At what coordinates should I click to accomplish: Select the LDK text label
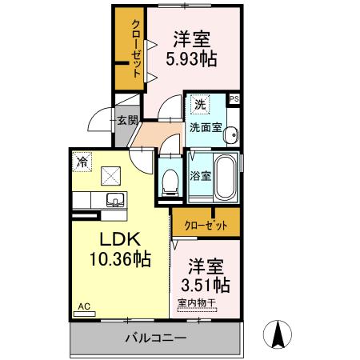click(119, 239)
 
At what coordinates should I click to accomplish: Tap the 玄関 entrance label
click(129, 121)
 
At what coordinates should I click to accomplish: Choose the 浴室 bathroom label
click(200, 175)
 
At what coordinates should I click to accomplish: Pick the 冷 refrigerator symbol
click(82, 161)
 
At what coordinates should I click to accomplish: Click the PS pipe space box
click(234, 98)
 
